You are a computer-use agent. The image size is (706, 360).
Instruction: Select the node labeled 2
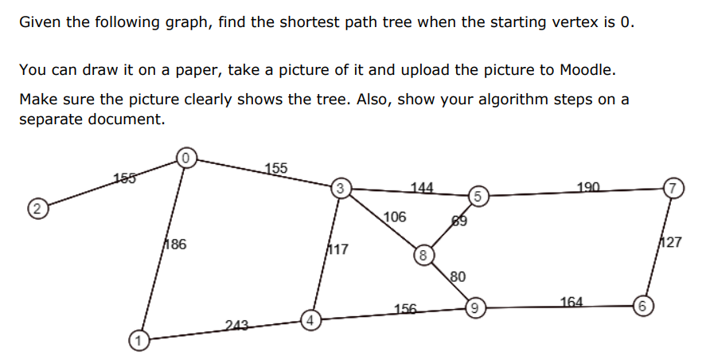coord(34,210)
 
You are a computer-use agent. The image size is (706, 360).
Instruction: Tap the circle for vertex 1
coord(138,340)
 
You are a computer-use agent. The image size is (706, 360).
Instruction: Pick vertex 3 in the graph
coord(340,189)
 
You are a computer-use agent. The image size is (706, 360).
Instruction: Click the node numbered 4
coord(312,321)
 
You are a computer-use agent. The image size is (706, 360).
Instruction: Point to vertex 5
coord(476,196)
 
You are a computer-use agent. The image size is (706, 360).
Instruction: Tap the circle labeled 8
coord(423,255)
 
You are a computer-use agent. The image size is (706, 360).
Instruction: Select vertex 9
coord(475,307)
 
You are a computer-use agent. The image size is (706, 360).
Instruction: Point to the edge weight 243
coord(236,324)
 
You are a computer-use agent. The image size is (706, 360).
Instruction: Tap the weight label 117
coord(338,249)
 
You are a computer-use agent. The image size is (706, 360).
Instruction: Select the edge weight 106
coord(395,217)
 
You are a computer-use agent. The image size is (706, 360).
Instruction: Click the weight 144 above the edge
coord(422,188)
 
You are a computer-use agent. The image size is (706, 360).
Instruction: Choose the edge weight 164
coord(571,302)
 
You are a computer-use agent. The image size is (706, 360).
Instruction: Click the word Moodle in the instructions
coord(585,70)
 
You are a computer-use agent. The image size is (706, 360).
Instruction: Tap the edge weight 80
coord(458,277)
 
